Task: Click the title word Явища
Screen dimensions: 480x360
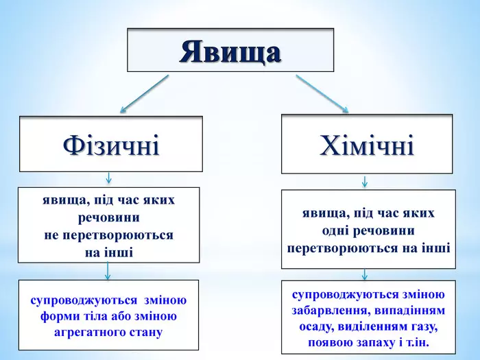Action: tap(230, 51)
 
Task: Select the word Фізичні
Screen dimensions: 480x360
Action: tap(111, 145)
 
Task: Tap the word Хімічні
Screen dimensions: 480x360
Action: tap(367, 145)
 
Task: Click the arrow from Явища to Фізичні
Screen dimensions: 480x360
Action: tap(144, 94)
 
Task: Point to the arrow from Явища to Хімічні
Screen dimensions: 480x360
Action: tap(322, 94)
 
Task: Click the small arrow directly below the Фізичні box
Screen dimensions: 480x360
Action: tap(108, 178)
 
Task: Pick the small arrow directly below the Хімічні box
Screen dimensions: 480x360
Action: tap(364, 182)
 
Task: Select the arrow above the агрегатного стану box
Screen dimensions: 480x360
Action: tap(108, 271)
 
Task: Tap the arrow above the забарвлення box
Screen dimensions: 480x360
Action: tap(364, 274)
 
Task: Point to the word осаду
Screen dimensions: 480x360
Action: tap(316, 327)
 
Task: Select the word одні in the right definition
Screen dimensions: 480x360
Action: tap(335, 230)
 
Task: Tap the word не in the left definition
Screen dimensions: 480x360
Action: tap(51, 235)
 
